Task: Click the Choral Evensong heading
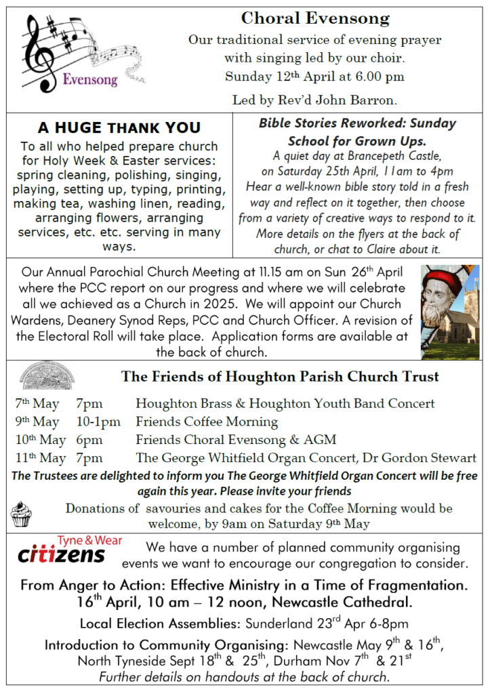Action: pyautogui.click(x=315, y=18)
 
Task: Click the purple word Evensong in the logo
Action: pyautogui.click(x=89, y=79)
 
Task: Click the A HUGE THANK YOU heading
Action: pyautogui.click(x=119, y=127)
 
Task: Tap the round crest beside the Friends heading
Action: pyautogui.click(x=47, y=375)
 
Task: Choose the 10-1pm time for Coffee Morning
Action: pyautogui.click(x=98, y=422)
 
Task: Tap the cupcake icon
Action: pyautogui.click(x=21, y=515)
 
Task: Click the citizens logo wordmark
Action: pyautogui.click(x=61, y=554)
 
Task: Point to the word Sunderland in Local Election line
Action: pyautogui.click(x=278, y=624)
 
